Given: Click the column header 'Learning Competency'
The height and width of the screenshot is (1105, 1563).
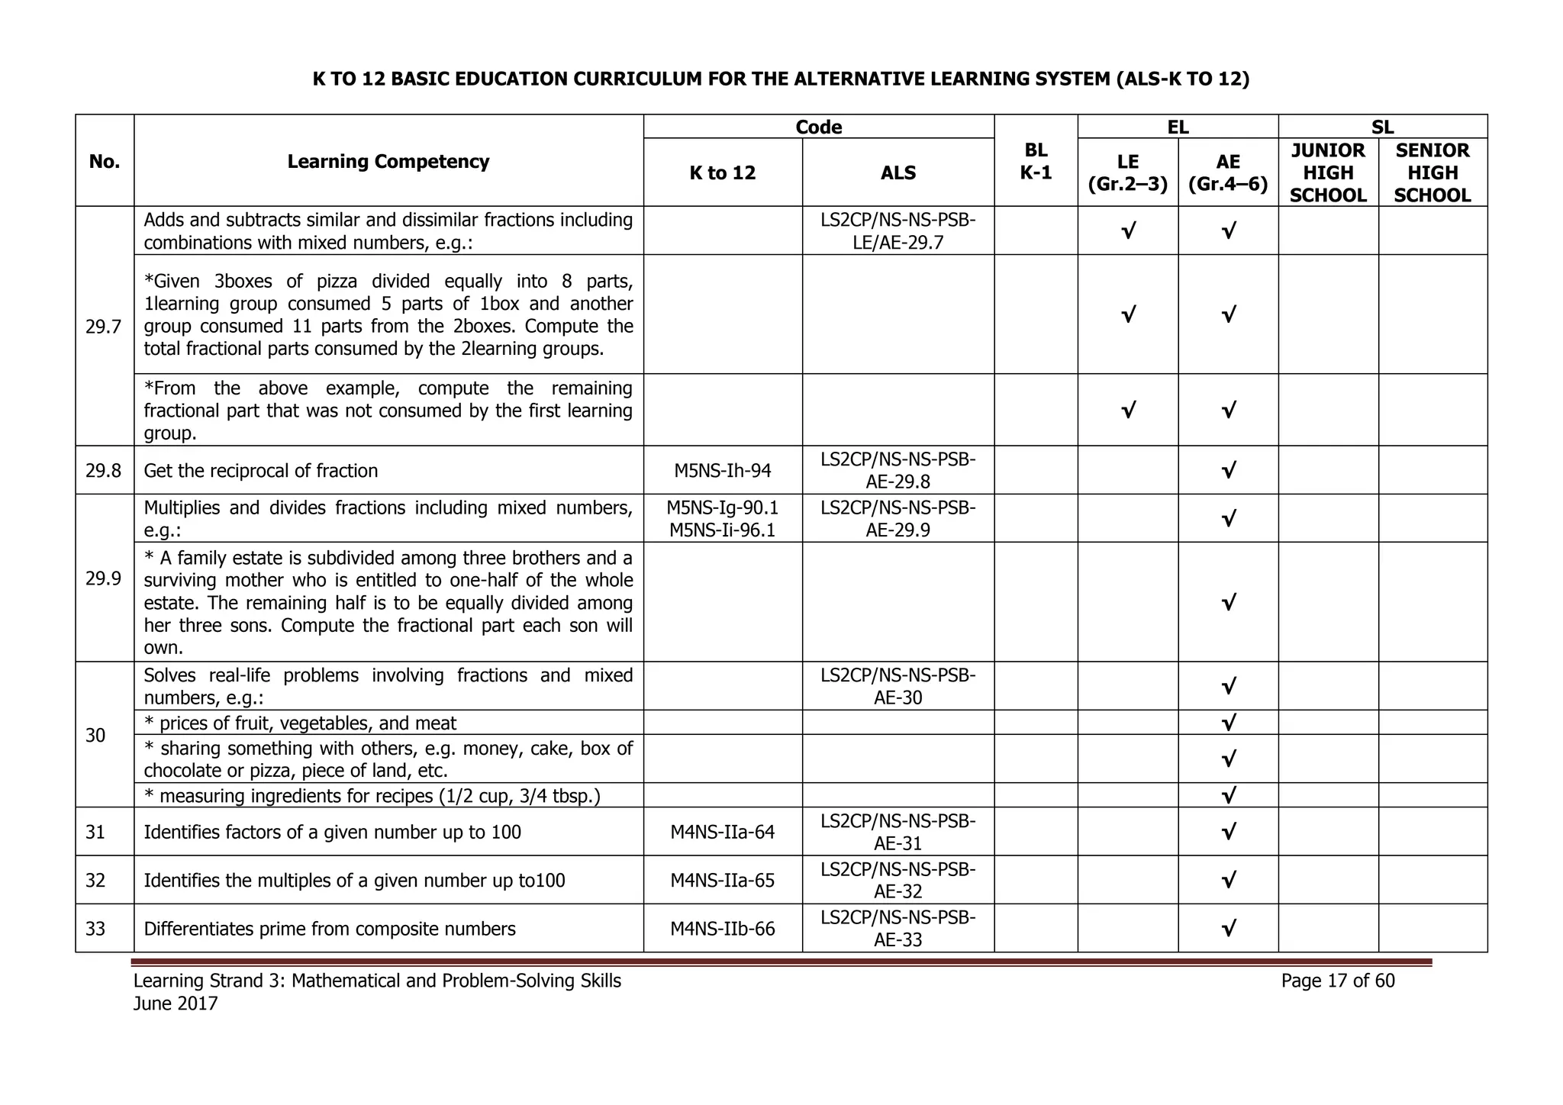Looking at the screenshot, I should point(388,162).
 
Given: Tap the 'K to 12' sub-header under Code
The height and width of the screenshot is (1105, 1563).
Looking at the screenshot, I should point(722,173).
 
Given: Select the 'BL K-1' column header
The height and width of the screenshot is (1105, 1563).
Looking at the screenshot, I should point(1036,161).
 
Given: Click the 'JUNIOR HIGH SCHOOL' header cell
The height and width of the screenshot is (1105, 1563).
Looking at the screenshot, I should point(1328,173).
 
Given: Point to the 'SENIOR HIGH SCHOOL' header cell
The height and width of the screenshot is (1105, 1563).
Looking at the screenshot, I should point(1432,173).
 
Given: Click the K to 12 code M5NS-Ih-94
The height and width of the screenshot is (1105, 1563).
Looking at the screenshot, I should point(722,471).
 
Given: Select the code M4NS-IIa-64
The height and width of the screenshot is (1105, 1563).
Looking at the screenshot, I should point(722,832).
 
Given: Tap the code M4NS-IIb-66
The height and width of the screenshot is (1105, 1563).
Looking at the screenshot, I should point(722,929).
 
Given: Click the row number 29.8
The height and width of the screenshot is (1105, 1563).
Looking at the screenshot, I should point(104,471).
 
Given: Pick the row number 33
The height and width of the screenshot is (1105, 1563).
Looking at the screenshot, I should point(95,929).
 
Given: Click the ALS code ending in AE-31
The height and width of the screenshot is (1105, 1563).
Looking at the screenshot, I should point(898,832).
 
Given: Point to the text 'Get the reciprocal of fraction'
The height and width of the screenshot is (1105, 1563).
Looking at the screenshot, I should point(260,471).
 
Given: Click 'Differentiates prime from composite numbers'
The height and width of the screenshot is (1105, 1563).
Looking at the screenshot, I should point(330,929).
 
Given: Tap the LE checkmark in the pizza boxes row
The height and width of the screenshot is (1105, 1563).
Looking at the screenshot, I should point(1127,314).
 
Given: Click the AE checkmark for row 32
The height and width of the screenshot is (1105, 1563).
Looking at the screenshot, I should point(1228,881).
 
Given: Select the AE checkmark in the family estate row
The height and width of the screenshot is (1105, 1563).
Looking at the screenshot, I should point(1228,603).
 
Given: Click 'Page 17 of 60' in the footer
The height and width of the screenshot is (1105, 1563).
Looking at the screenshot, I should point(1337,981).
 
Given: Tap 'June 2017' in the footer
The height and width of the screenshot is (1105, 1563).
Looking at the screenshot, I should point(176,1004).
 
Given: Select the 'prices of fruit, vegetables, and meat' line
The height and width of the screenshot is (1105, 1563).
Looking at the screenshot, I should point(307,723).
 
